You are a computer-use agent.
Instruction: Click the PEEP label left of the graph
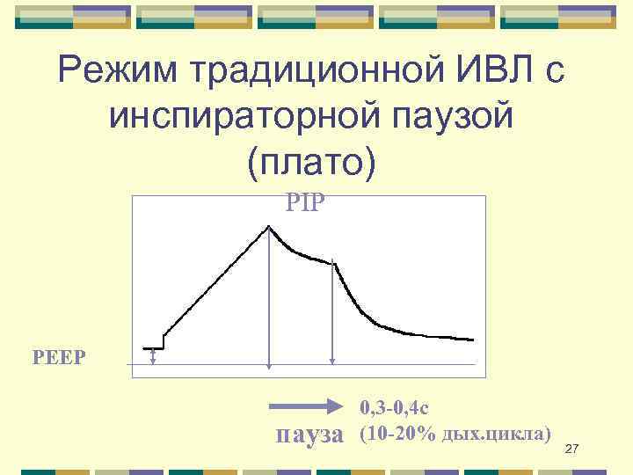coord(66,357)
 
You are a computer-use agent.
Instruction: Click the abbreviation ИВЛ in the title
coord(489,72)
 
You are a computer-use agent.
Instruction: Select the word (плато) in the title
coord(312,161)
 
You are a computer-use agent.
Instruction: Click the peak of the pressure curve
coord(269,226)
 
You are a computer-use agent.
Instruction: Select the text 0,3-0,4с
coord(393,407)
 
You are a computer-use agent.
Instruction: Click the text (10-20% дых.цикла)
coord(455,434)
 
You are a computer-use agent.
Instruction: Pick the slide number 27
coord(571,449)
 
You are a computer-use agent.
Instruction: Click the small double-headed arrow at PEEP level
coord(154,356)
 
